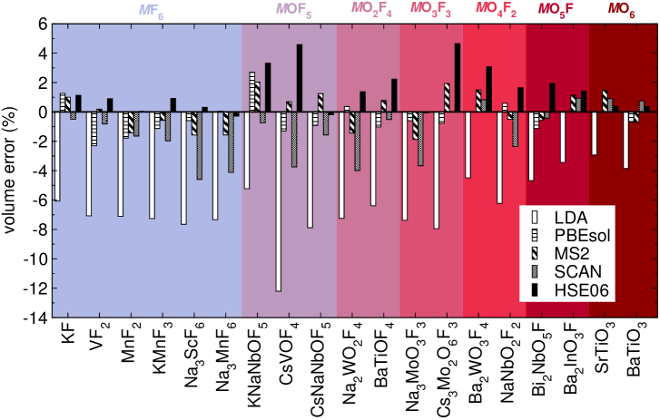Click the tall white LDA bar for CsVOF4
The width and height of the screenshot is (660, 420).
tap(279, 200)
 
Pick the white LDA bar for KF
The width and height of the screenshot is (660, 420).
tap(56, 155)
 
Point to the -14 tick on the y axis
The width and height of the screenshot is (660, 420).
tap(34, 318)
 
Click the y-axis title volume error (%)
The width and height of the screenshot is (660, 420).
tap(11, 171)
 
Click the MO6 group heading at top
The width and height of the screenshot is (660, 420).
tap(622, 9)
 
